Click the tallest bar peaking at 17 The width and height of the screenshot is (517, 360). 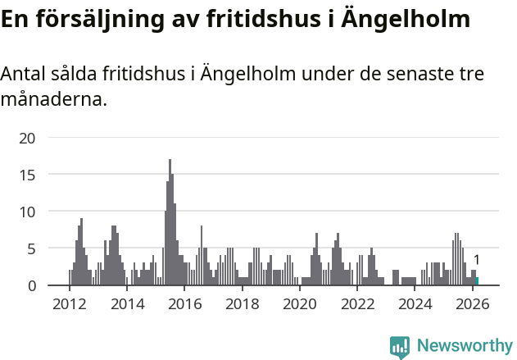click(170, 221)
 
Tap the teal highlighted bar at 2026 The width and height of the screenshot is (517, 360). click(477, 281)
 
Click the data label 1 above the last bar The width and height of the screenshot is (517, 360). click(477, 261)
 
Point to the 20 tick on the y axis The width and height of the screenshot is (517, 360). click(28, 138)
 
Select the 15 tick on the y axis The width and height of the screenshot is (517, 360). click(28, 175)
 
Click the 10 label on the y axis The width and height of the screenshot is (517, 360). click(28, 212)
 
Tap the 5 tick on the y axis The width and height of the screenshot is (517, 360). click(31, 248)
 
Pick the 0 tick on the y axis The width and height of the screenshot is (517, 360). click(31, 285)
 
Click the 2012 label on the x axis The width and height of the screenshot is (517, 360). click(69, 304)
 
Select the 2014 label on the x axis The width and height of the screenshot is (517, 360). click(127, 304)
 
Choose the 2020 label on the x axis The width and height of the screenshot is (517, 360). click(300, 304)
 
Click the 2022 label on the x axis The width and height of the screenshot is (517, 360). click(357, 304)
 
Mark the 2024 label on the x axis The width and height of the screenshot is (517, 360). click(415, 304)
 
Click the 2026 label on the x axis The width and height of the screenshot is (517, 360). click(473, 304)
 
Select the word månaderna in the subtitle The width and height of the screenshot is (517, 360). click(53, 101)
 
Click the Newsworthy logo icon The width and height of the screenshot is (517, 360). click(400, 347)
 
